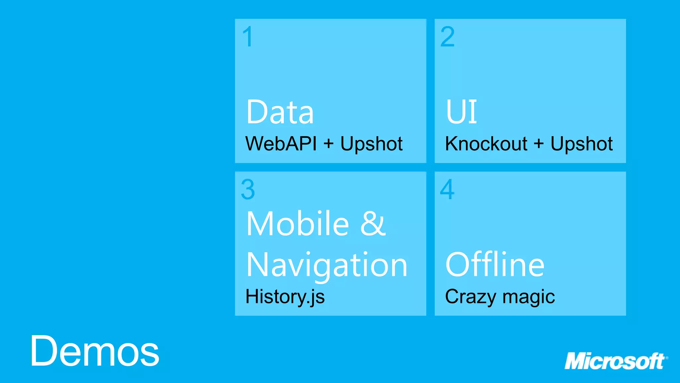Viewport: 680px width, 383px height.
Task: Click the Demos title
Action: tap(95, 351)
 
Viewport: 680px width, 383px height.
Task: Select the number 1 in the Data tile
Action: tap(248, 37)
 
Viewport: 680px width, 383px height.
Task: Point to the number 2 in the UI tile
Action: tap(447, 37)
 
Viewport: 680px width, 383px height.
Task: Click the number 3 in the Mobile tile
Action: tap(248, 190)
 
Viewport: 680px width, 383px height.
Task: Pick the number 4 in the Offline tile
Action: tap(447, 190)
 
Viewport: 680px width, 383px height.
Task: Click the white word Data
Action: tap(280, 112)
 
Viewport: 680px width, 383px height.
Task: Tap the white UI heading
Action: tap(461, 112)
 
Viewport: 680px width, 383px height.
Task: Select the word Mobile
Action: tap(298, 223)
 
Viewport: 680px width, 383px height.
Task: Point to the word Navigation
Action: tap(327, 265)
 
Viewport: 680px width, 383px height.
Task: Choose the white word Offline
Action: tap(495, 265)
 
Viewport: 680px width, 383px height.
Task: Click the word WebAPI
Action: tap(281, 144)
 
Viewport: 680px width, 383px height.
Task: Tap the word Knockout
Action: tap(486, 144)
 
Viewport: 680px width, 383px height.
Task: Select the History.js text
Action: tap(285, 297)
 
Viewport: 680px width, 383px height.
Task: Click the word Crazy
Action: tap(470, 297)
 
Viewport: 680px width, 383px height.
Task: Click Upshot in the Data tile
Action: tap(371, 144)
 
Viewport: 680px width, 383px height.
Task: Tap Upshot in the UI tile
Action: tap(581, 144)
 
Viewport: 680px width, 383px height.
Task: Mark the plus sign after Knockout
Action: tap(539, 144)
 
